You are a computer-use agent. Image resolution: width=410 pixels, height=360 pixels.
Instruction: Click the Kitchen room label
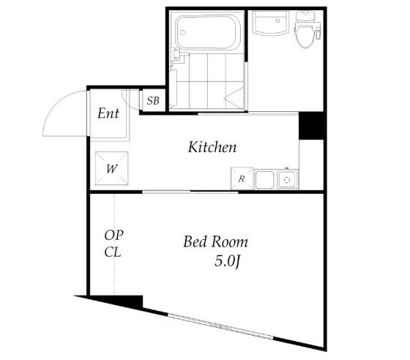212,147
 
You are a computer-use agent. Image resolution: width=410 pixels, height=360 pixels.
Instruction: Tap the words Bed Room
215,241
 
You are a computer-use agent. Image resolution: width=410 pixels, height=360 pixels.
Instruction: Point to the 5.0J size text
227,260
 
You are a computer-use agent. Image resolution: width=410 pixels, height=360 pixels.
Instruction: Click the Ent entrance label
108,113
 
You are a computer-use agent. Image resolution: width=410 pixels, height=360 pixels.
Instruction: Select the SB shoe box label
153,100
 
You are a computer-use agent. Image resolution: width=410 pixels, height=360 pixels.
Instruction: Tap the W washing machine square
111,168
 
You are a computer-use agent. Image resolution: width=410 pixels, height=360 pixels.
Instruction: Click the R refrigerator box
242,179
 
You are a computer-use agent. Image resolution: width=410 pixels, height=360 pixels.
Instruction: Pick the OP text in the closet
113,235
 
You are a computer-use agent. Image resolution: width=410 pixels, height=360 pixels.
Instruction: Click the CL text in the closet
113,252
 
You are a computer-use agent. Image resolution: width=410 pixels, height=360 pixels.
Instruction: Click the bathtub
208,33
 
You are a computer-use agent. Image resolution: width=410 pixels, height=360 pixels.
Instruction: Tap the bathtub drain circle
183,33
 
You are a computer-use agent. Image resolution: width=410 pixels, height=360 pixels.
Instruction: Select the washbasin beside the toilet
270,23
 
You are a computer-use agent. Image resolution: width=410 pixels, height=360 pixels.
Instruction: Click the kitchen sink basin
264,180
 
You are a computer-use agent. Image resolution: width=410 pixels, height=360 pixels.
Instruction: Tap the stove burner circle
287,180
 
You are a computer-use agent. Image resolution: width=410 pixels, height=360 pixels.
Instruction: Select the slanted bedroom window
220,326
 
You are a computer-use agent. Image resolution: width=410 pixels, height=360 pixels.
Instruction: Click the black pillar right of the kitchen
313,126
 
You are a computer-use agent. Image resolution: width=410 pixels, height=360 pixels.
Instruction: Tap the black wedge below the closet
115,301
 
